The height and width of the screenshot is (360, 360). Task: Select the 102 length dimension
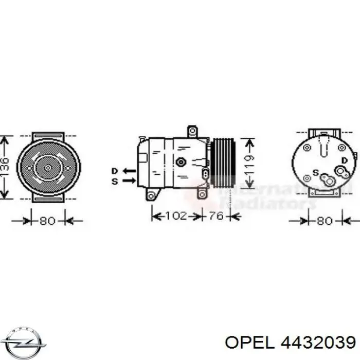coord(176,217)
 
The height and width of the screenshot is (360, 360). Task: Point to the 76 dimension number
coord(217,217)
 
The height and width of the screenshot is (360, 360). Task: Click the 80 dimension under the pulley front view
coord(47,222)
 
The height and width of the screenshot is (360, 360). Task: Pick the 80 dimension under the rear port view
coord(324,222)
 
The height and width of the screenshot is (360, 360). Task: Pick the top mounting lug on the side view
coord(193,131)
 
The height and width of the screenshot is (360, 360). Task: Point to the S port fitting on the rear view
coord(326,179)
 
